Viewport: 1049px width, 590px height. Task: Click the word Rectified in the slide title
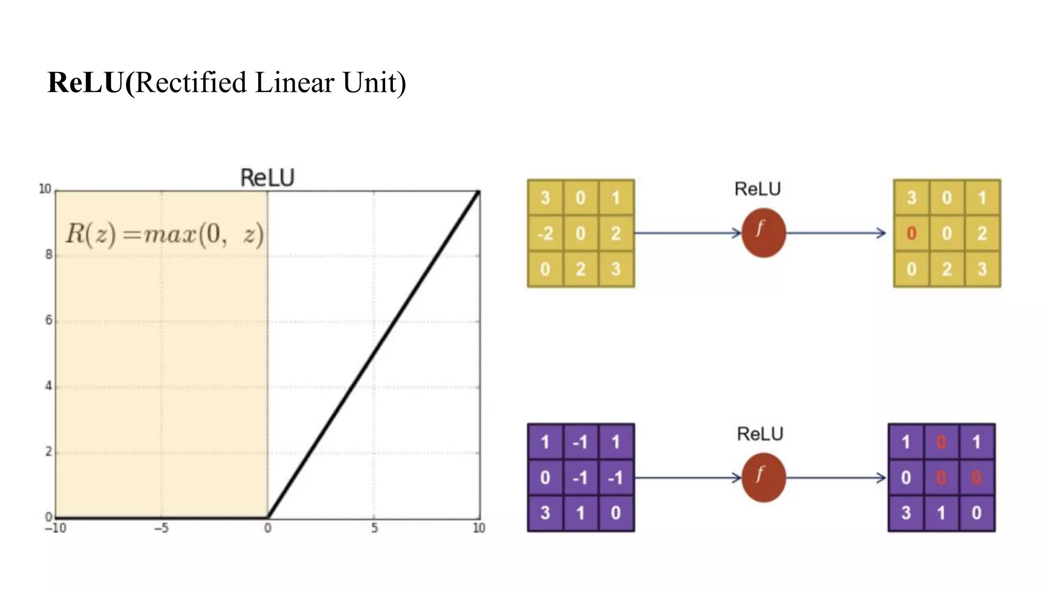point(191,82)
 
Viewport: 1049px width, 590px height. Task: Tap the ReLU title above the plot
point(267,178)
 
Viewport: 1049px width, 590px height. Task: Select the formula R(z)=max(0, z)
point(164,234)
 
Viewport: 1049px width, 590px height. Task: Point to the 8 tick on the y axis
point(49,255)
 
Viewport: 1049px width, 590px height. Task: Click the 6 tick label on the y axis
point(49,320)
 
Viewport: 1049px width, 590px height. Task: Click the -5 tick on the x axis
point(161,528)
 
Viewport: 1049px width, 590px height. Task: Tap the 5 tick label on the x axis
point(374,528)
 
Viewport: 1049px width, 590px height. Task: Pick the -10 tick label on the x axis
point(55,528)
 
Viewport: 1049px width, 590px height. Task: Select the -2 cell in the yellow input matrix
point(545,234)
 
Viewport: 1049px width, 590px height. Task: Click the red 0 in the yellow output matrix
point(911,234)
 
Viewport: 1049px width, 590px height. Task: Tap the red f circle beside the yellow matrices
point(763,233)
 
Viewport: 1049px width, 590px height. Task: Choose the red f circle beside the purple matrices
point(763,477)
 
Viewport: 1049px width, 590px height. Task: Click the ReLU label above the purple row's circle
point(760,434)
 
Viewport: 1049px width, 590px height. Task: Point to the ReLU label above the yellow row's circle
point(758,189)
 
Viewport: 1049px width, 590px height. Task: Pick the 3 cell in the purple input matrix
point(545,513)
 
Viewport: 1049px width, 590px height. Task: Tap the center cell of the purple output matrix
point(941,478)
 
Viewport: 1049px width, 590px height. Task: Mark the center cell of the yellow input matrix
point(580,234)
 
